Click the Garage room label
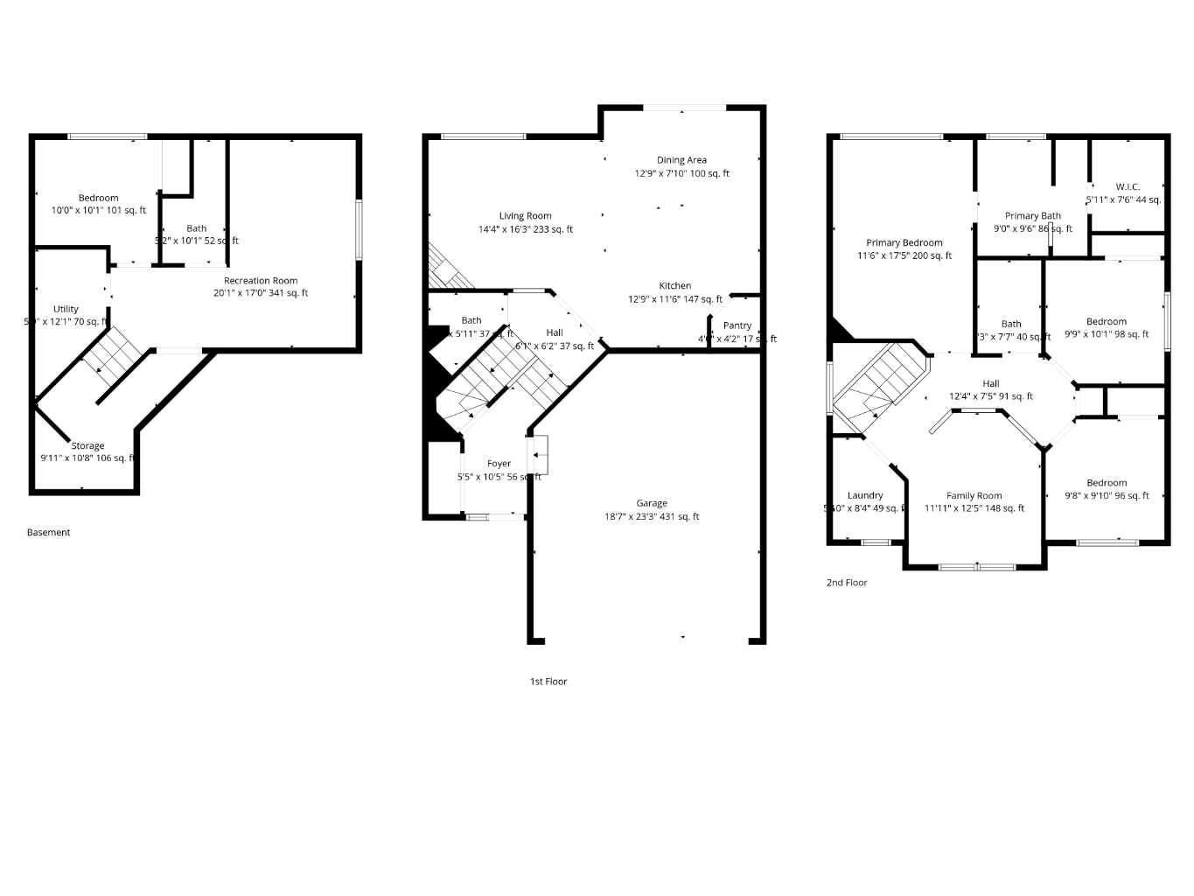point(652,503)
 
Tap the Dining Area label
point(681,160)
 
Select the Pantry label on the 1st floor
point(737,325)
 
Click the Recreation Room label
point(261,281)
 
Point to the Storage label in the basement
point(87,446)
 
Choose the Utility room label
point(66,309)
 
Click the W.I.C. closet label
point(1128,187)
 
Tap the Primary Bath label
point(1032,216)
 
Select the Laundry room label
point(865,495)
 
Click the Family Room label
point(974,495)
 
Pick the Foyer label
point(499,464)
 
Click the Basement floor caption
point(48,532)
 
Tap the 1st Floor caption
point(548,682)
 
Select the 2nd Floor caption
point(847,583)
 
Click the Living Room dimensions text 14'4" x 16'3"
point(526,229)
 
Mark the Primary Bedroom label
point(904,243)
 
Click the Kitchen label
point(674,286)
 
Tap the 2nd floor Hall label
point(990,384)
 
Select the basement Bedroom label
point(98,198)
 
